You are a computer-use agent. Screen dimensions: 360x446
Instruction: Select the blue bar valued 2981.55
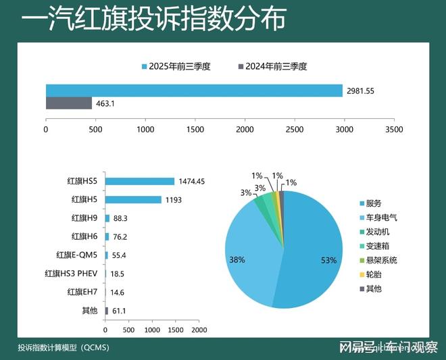coord(194,91)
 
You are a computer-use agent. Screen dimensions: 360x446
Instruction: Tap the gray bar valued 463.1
coord(68,103)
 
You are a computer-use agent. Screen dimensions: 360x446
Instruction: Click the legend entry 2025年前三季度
coord(176,66)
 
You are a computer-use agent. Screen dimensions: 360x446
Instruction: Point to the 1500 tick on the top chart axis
coord(195,128)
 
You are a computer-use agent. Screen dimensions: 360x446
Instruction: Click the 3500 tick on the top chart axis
coord(393,128)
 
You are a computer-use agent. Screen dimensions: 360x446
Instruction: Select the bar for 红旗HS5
coord(140,181)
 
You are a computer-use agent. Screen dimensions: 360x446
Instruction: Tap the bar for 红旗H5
coord(133,199)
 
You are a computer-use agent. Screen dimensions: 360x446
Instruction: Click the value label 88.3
coord(121,218)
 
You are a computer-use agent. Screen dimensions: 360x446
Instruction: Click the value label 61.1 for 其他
coord(120,311)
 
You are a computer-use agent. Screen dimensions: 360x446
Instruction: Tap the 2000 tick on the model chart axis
coord(198,330)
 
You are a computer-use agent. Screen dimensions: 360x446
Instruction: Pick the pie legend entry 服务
coord(373,203)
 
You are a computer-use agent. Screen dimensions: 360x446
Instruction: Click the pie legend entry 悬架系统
coord(381,260)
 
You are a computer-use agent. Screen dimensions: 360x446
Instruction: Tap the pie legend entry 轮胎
coord(373,274)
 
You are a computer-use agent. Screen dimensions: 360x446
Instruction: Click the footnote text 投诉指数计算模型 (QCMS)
coord(64,348)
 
